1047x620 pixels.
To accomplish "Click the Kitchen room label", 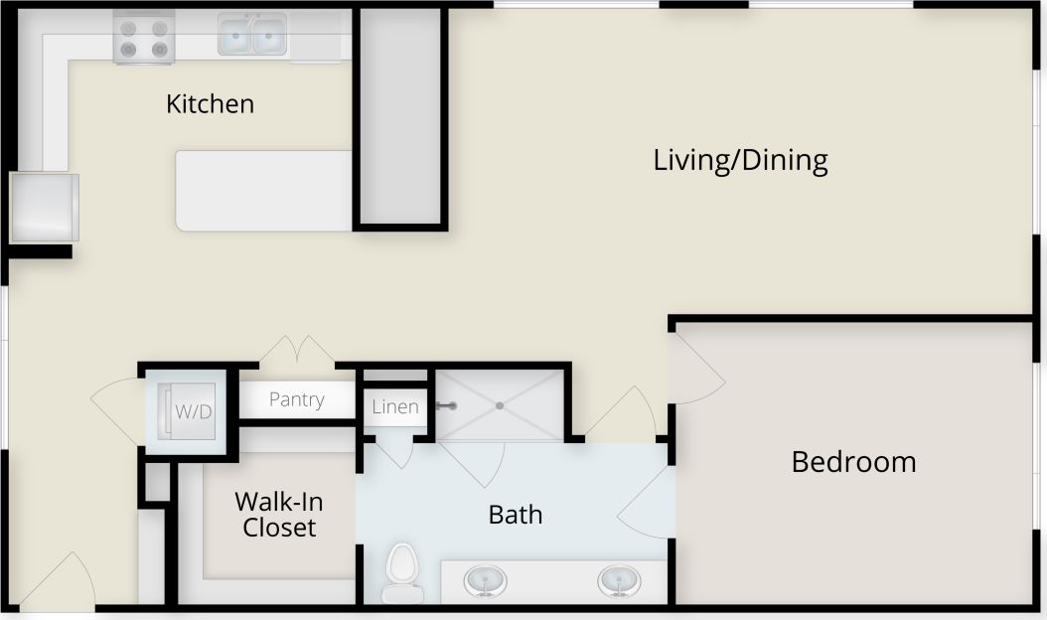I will [210, 103].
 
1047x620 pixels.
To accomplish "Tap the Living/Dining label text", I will [740, 160].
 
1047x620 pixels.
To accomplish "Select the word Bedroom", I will [853, 462].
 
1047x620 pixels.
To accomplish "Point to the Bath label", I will [516, 514].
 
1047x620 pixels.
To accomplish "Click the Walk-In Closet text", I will [279, 514].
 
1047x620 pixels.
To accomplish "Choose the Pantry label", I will [296, 399].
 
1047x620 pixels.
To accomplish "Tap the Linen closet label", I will [395, 406].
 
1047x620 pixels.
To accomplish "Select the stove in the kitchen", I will [144, 38].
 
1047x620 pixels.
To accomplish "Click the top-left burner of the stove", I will [128, 29].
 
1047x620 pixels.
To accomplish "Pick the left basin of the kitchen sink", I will [234, 38].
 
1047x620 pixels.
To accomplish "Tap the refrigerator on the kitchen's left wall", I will [44, 207].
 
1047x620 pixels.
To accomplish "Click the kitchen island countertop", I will [264, 191].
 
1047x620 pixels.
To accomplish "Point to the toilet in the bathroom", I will [403, 571].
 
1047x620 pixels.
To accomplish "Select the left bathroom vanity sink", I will [486, 579].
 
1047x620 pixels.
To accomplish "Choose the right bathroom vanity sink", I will [619, 579].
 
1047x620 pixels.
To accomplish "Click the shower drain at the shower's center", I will [500, 405].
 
